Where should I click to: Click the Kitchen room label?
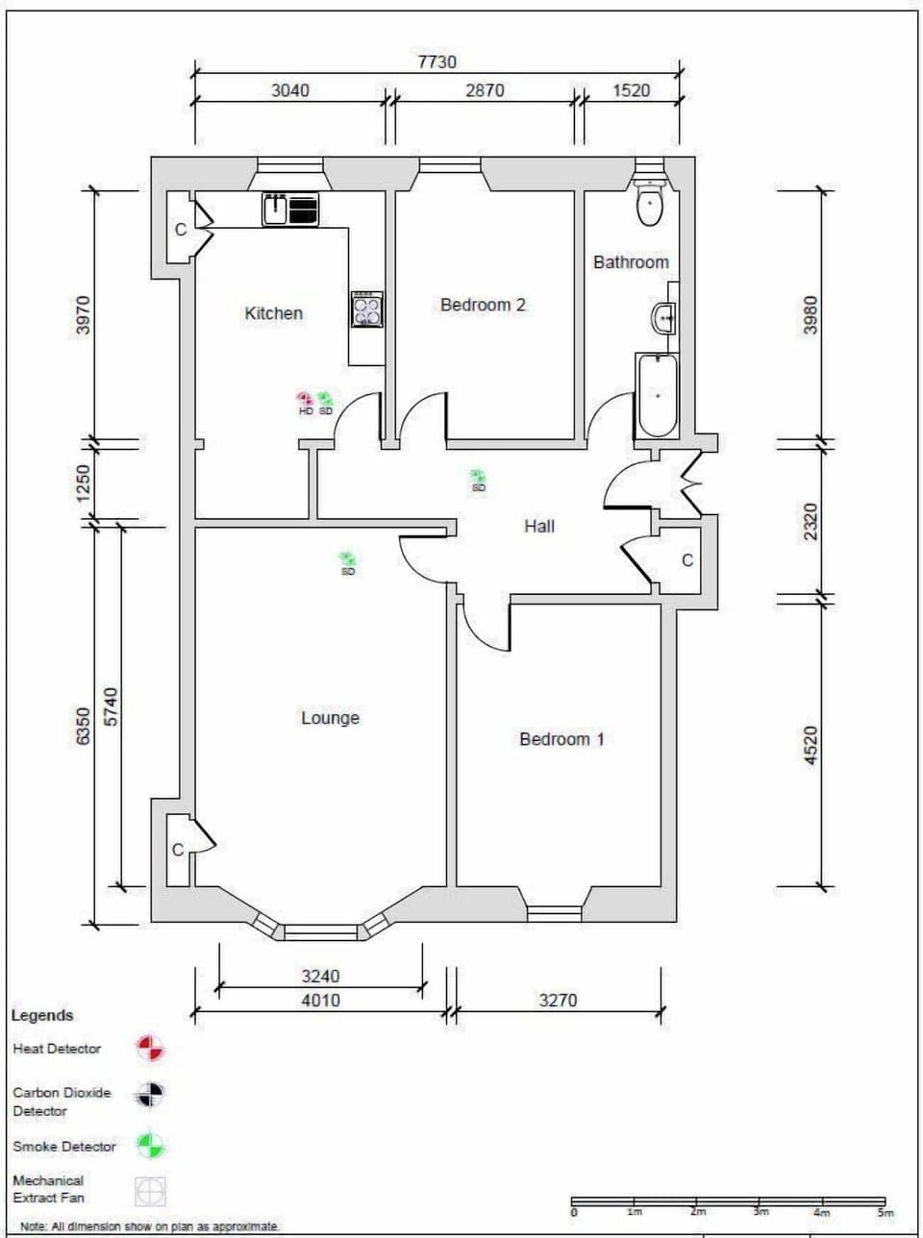pos(273,313)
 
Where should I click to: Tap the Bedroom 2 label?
pos(483,305)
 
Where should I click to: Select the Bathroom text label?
pos(631,262)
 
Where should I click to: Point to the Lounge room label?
pos(330,718)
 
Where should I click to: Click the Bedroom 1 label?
pos(561,739)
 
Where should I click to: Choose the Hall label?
pos(539,526)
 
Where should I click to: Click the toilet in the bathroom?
pos(651,204)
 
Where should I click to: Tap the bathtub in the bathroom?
pos(658,395)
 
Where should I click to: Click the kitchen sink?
pos(276,210)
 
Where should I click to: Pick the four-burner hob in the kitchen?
pos(366,309)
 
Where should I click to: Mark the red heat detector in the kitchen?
pos(305,399)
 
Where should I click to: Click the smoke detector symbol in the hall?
pos(477,477)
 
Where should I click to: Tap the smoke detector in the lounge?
pos(347,559)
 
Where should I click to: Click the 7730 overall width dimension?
pos(437,62)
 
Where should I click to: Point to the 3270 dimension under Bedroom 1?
pos(558,1000)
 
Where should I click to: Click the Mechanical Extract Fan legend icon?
pos(150,1191)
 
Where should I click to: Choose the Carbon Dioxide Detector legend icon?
pos(150,1095)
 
